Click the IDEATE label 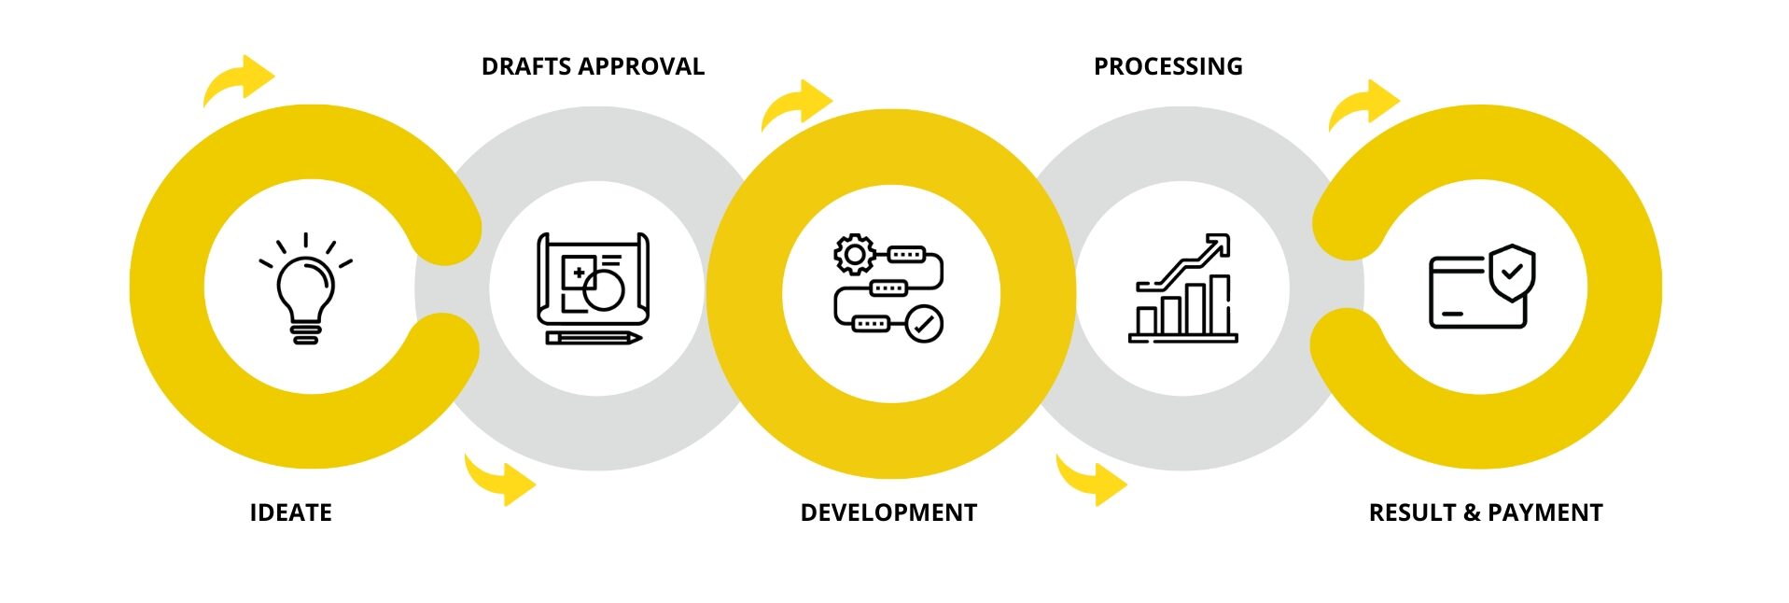pyautogui.click(x=290, y=512)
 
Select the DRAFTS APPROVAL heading pyautogui.click(x=593, y=66)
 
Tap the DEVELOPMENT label pyautogui.click(x=888, y=512)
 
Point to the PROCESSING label pyautogui.click(x=1167, y=66)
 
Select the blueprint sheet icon pyautogui.click(x=593, y=278)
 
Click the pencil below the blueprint pyautogui.click(x=593, y=337)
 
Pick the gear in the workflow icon pyautogui.click(x=854, y=255)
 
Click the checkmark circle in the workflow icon pyautogui.click(x=924, y=324)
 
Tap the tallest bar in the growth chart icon pyautogui.click(x=1219, y=305)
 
